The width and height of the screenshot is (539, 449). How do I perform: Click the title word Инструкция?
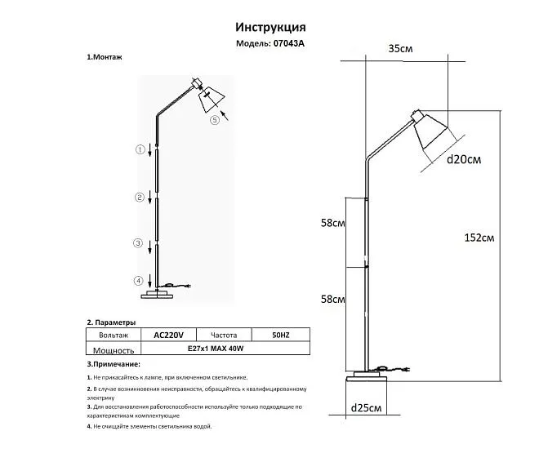(x=270, y=28)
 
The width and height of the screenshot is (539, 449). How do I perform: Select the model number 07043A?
(x=289, y=43)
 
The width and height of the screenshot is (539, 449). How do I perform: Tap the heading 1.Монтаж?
(x=105, y=57)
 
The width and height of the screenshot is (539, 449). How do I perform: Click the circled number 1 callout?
(x=140, y=149)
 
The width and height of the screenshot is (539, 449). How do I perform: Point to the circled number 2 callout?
(x=139, y=198)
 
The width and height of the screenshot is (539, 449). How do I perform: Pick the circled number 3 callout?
(x=138, y=243)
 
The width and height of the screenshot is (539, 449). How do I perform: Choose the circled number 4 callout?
(x=138, y=281)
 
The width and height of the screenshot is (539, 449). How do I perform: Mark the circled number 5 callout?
(x=215, y=120)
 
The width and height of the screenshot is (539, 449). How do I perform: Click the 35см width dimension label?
(x=400, y=48)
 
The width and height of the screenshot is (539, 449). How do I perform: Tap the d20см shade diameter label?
(x=464, y=159)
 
